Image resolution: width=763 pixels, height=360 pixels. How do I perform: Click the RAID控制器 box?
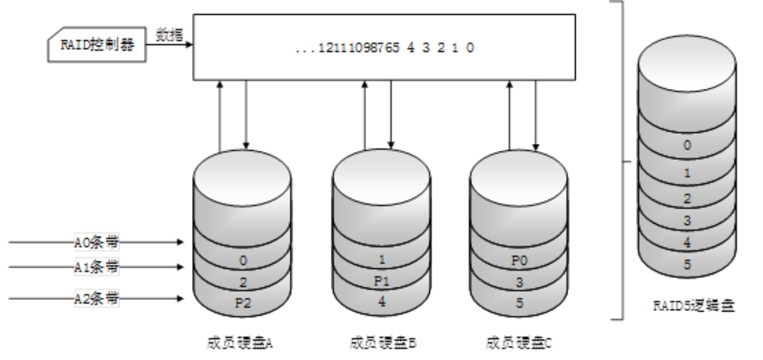97,45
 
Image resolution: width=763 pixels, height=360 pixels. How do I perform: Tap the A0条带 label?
96,242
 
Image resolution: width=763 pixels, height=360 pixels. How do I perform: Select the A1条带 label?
96,267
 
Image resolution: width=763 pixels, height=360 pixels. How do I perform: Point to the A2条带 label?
96,298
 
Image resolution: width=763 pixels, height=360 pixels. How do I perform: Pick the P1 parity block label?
381,281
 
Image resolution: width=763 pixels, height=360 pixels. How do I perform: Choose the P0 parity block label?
519,261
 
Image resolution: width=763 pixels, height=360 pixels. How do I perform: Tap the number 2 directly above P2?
242,282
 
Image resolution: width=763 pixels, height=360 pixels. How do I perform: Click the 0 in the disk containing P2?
242,261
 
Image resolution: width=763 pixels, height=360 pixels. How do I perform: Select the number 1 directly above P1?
381,260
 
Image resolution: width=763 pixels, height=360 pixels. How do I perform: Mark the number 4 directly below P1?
381,302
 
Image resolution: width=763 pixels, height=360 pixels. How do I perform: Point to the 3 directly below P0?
519,282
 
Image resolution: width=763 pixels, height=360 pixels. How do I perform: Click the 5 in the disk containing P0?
519,303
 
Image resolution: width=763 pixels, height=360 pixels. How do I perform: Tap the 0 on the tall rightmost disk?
687,146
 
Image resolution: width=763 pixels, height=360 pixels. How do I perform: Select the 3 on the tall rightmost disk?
687,221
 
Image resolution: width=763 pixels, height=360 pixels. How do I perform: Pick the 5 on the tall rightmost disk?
687,265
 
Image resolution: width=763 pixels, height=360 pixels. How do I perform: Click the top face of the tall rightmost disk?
687,60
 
